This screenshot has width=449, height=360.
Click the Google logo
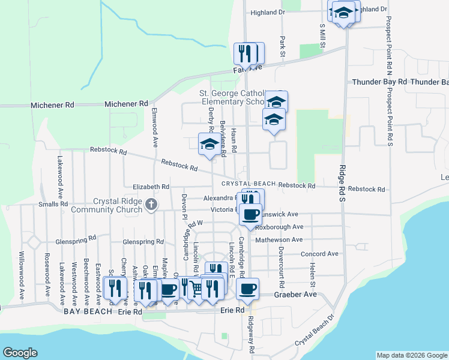[x=20, y=353]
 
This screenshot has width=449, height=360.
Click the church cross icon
[x=151, y=205]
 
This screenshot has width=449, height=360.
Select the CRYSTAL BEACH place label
[x=248, y=184]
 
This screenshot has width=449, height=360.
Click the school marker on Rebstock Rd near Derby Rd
[x=209, y=144]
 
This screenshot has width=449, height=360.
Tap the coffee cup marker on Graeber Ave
[x=247, y=290]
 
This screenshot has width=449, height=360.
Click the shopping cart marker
[x=196, y=289]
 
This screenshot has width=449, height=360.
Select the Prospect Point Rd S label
[x=389, y=117]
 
